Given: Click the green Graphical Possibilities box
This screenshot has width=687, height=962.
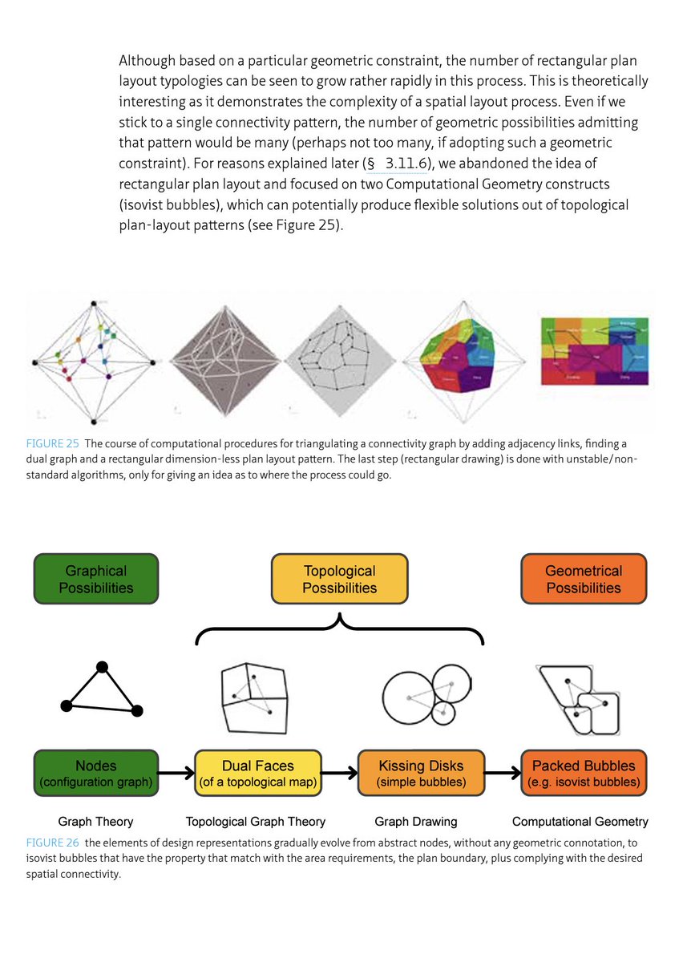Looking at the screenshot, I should point(95,579).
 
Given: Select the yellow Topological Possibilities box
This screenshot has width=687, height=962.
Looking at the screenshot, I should point(339,579).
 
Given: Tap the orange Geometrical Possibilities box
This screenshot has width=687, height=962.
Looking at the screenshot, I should point(583,579).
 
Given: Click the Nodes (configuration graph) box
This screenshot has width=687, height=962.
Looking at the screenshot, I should point(95,773).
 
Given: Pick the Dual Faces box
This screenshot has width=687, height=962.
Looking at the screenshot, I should point(258,773).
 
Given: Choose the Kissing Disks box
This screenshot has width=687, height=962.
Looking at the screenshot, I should point(421,773).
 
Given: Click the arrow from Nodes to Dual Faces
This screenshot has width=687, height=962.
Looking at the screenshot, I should point(177,774).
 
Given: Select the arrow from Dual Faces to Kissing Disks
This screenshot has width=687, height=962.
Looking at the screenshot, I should point(340,774).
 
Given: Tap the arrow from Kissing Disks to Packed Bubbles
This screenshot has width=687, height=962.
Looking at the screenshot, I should point(503,774).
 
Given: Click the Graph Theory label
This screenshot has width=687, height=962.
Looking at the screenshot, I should point(95,822).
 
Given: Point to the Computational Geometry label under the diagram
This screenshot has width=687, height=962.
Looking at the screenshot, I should point(580,822).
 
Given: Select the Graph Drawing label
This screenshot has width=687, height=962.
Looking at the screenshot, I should point(416,822).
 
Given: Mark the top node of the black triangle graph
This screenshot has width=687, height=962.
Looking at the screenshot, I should point(102,667).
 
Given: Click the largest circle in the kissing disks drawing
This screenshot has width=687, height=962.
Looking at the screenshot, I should point(409,698).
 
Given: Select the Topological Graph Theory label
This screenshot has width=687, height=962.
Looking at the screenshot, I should point(256,822).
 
